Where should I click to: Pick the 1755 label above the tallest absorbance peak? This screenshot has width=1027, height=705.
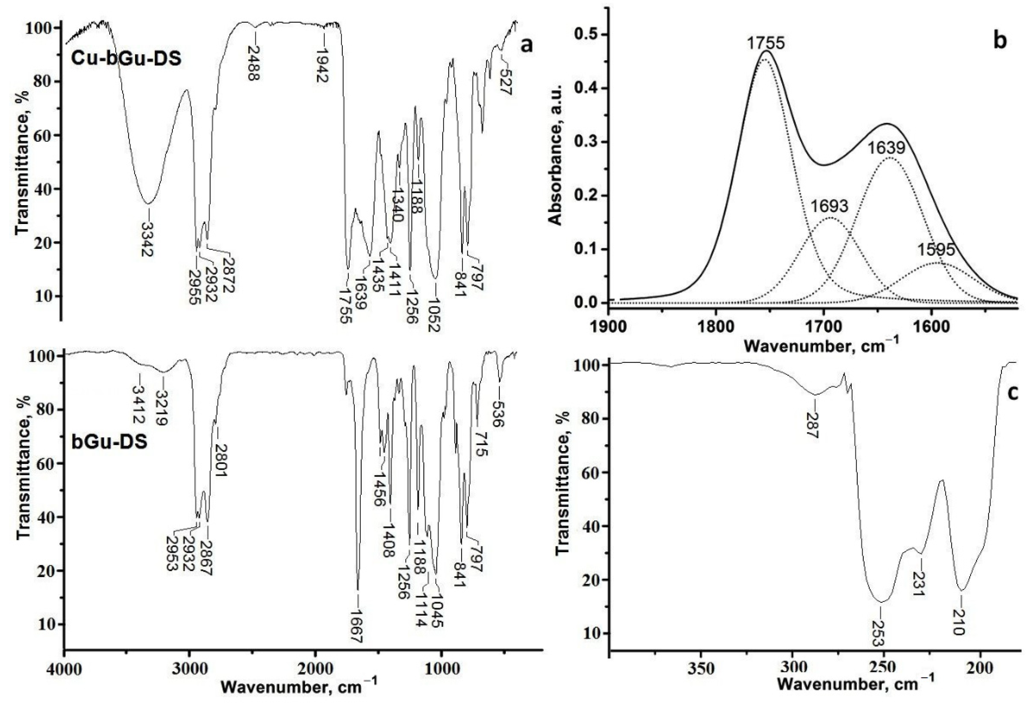coord(766,43)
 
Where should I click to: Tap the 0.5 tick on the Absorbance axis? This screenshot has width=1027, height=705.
coord(586,35)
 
